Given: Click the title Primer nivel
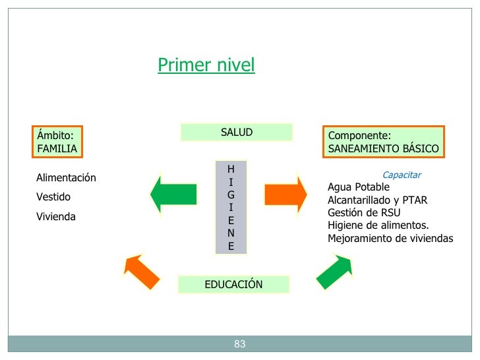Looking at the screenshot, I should tap(206, 65).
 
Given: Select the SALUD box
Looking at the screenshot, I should tap(236, 133).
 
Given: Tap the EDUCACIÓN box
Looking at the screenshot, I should tap(233, 285).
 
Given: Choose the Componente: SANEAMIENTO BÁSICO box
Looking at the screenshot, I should tap(383, 142).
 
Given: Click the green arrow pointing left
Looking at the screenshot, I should tap(173, 194).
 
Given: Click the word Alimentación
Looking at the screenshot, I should tap(66, 178).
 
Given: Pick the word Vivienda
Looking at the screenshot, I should tap(56, 216).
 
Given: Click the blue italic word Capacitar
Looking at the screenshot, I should tap(402, 175).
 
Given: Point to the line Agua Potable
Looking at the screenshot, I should tap(359, 187).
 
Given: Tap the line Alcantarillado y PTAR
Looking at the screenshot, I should tap(377, 200).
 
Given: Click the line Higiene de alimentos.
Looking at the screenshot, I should tap(378, 225).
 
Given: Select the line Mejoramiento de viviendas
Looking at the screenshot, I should tap(390, 238).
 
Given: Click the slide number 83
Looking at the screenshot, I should tap(239, 344).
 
